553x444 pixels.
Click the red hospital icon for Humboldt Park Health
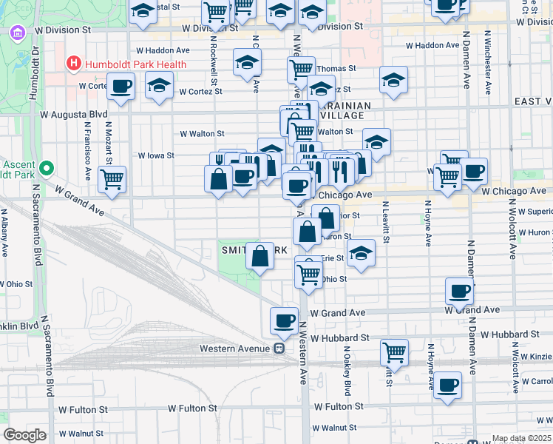73,64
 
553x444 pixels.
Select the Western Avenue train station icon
279,348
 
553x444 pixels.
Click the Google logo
24,435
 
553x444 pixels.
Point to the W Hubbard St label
339,337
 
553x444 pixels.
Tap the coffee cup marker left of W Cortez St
121,87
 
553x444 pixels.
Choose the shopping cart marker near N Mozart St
112,179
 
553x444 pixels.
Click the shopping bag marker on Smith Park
260,257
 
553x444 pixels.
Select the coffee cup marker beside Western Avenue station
284,320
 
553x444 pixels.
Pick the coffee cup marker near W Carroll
447,386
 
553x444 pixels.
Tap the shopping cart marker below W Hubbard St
395,352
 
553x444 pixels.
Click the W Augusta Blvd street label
74,115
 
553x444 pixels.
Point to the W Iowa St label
156,156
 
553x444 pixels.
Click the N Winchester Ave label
488,63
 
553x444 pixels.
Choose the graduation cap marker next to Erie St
361,253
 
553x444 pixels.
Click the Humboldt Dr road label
34,74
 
